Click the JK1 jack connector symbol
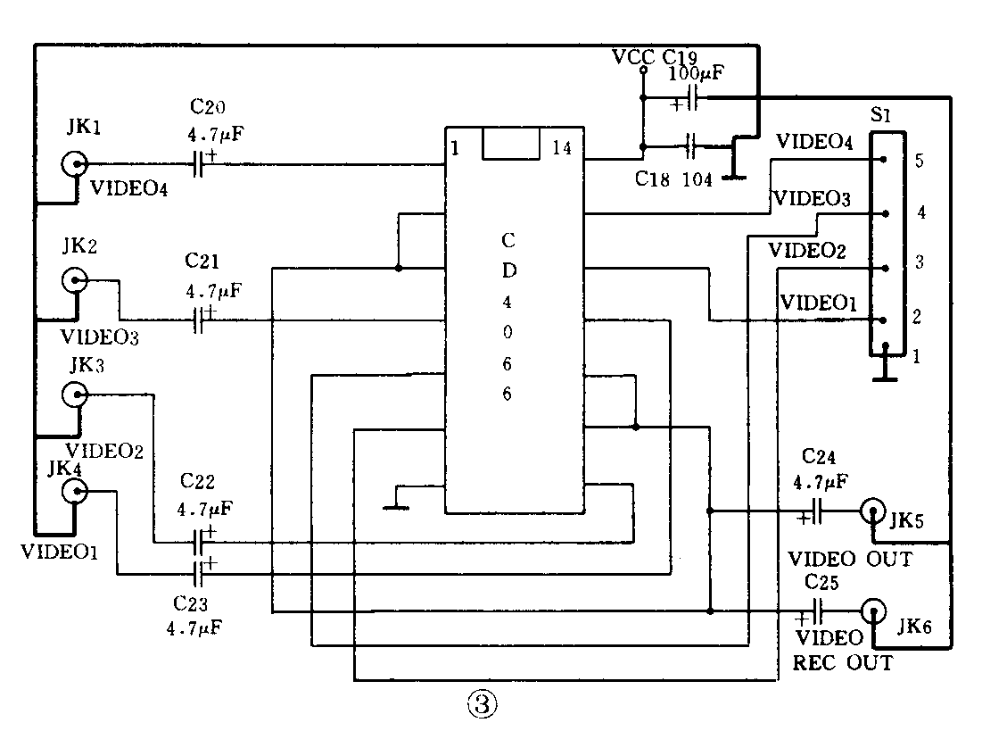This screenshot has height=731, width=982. click(x=75, y=163)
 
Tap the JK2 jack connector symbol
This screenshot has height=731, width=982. click(x=75, y=281)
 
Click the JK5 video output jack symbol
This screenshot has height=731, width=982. click(x=873, y=511)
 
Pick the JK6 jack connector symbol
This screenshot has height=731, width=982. click(x=873, y=611)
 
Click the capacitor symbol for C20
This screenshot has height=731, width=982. click(x=202, y=163)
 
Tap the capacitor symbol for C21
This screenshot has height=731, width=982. click(x=202, y=320)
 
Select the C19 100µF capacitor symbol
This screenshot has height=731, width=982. click(x=690, y=100)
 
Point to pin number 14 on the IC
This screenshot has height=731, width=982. click(x=562, y=148)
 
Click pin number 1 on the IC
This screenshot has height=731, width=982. click(x=455, y=148)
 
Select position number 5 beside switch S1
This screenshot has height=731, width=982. click(x=919, y=162)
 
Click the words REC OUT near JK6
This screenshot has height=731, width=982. click(x=842, y=663)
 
